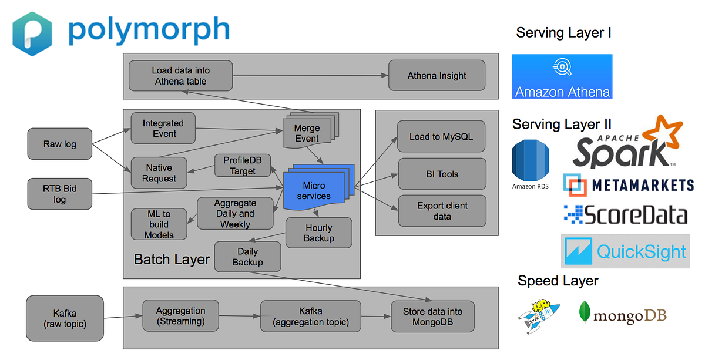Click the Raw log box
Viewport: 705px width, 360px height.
[x=60, y=144]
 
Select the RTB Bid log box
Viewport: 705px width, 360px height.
[x=60, y=194]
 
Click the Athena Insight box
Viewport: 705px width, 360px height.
[x=437, y=76]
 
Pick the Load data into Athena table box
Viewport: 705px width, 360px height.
[x=180, y=76]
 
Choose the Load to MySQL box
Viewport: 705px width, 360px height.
[x=441, y=136]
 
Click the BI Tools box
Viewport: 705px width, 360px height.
[x=442, y=174]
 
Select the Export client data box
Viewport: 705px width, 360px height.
[x=442, y=211]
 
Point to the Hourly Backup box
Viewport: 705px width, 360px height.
[x=318, y=233]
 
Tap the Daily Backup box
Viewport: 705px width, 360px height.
[x=247, y=257]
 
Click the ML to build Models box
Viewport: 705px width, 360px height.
[x=159, y=224]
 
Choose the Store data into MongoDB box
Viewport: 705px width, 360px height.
[x=432, y=317]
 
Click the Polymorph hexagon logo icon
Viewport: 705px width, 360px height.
[x=32, y=33]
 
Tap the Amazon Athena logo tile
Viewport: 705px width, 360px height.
[x=562, y=76]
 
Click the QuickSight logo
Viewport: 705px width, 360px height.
[x=625, y=251]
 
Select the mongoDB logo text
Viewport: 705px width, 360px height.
[x=630, y=317]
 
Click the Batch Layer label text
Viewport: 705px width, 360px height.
[x=172, y=259]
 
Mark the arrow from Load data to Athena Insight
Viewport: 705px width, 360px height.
[x=310, y=75]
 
